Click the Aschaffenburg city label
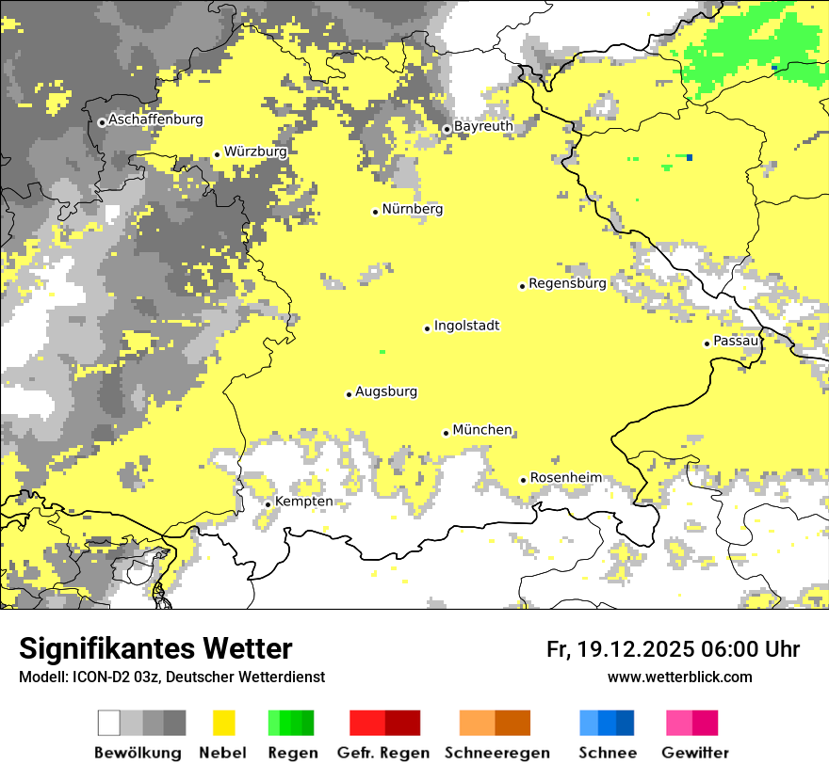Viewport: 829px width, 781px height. tap(155, 120)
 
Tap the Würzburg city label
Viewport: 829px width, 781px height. tap(255, 151)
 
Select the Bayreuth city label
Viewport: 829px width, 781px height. tap(483, 126)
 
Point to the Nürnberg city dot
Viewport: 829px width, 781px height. tap(375, 212)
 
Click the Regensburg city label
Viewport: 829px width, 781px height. tap(567, 283)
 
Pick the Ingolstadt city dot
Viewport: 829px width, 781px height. tap(427, 328)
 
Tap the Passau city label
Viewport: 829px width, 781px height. tap(735, 341)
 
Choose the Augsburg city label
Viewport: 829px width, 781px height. tap(386, 392)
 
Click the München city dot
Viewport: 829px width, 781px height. tap(447, 433)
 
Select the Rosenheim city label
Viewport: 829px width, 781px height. tap(565, 478)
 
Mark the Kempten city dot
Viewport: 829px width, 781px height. tap(268, 504)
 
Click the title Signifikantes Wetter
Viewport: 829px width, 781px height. tap(155, 649)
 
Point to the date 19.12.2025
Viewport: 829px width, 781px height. tap(637, 649)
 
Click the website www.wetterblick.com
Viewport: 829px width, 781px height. tap(679, 677)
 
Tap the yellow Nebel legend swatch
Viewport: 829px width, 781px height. tap(224, 723)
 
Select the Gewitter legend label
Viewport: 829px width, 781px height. tap(695, 753)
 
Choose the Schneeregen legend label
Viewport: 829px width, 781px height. tap(496, 753)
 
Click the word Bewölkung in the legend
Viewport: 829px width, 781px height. tap(138, 753)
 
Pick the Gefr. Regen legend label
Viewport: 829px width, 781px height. tap(382, 753)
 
